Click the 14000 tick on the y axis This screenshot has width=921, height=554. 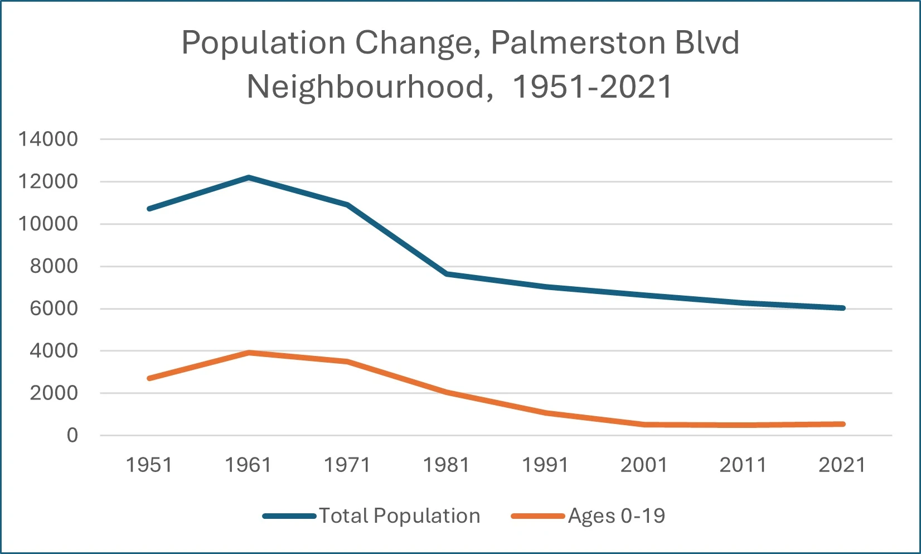pos(49,139)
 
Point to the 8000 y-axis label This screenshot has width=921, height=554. pos(54,266)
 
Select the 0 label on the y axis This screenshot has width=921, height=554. pos(72,435)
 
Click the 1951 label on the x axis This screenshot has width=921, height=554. pos(149,465)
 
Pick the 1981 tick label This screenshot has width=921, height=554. pos(446,465)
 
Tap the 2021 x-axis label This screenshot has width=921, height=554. pos(842,465)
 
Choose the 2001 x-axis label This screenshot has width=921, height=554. pos(644,465)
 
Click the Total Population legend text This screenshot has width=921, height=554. pos(399,516)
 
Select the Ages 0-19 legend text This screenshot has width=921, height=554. pos(617,516)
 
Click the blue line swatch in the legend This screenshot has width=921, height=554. pos(289,516)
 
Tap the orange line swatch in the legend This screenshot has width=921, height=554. pos(538,516)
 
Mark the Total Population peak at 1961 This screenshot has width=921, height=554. pos(249,177)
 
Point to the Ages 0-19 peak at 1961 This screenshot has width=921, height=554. pos(249,353)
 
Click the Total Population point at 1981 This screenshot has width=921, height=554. pos(447,274)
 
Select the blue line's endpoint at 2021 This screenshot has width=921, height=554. pos(842,308)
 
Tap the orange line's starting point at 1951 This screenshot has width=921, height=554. pos(149,378)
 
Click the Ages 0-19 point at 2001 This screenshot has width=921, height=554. pos(644,425)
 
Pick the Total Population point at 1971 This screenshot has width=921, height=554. pos(347,205)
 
